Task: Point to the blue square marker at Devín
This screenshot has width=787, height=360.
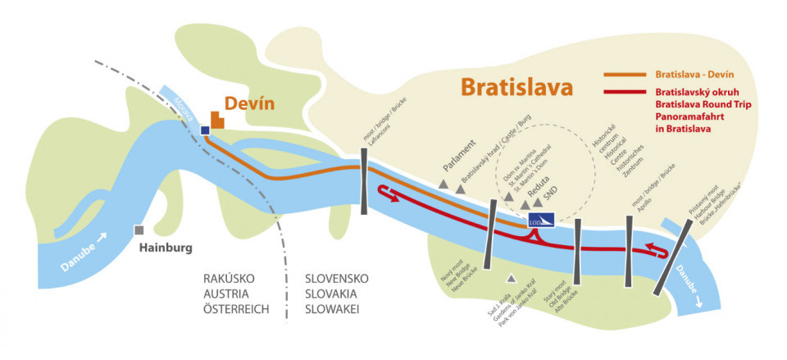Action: [205, 130]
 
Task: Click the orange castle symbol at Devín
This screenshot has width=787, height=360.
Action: [217, 120]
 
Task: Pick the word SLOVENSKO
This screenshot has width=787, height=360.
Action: [336, 279]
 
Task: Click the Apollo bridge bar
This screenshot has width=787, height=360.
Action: [629, 250]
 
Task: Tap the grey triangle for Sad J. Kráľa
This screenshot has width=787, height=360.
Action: [512, 278]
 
